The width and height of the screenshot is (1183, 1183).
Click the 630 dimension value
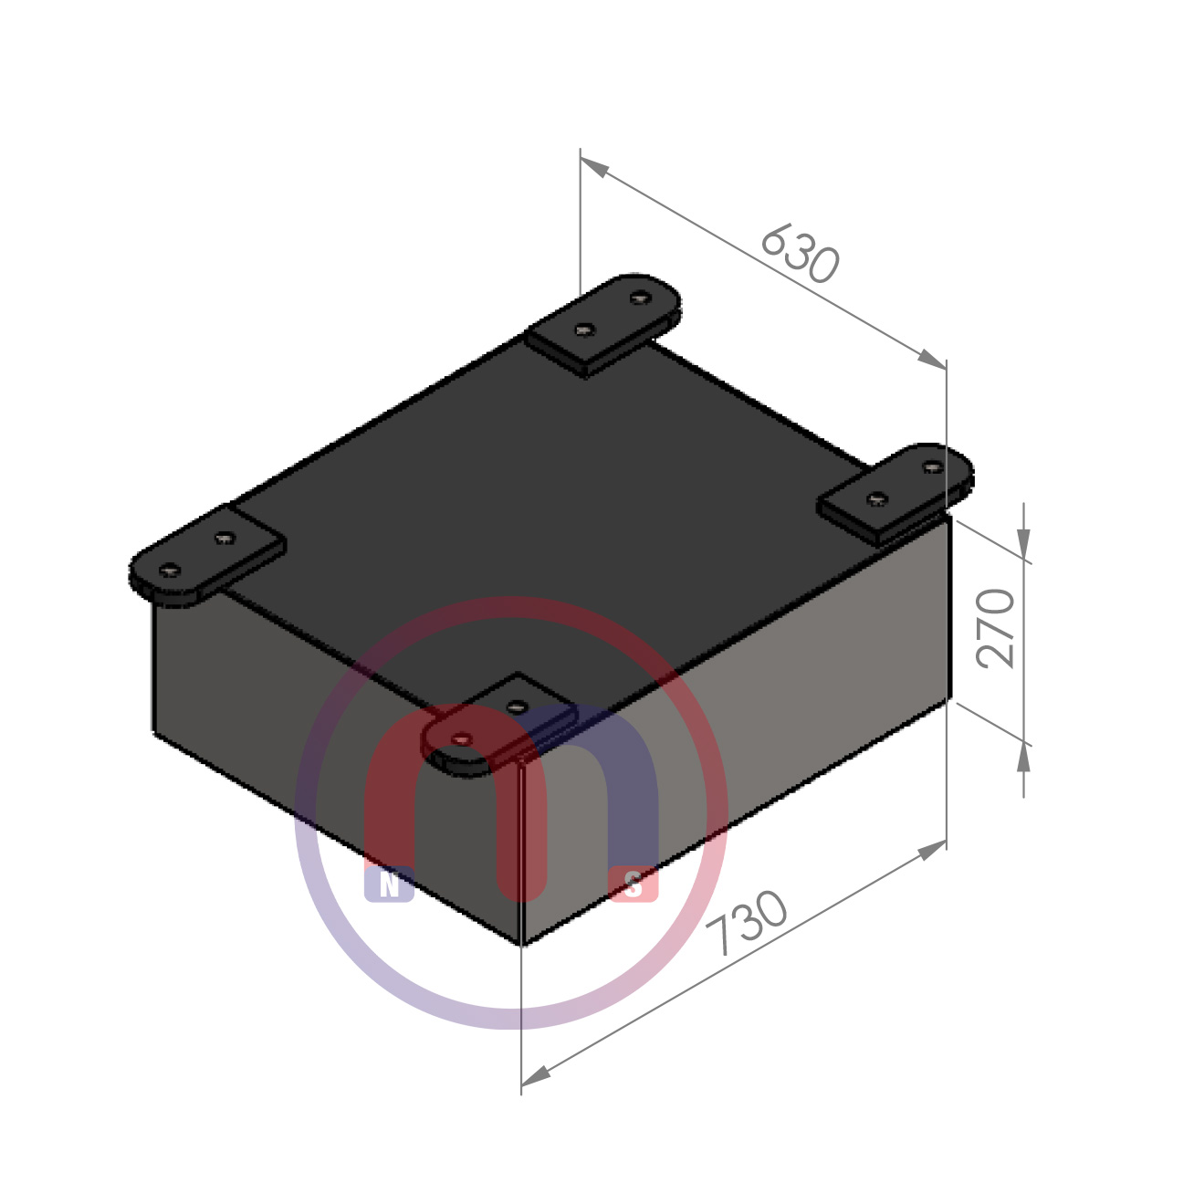coord(800,254)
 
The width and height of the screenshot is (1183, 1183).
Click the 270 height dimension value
coord(995,628)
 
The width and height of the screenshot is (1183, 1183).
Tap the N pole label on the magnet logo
coord(389,885)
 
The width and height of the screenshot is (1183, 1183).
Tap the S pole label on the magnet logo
coord(633,885)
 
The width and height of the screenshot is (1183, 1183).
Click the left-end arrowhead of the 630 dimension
coord(594,166)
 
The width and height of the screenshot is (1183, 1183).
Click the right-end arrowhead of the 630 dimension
coord(932,359)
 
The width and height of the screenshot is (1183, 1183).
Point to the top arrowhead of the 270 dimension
coord(1023,543)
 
